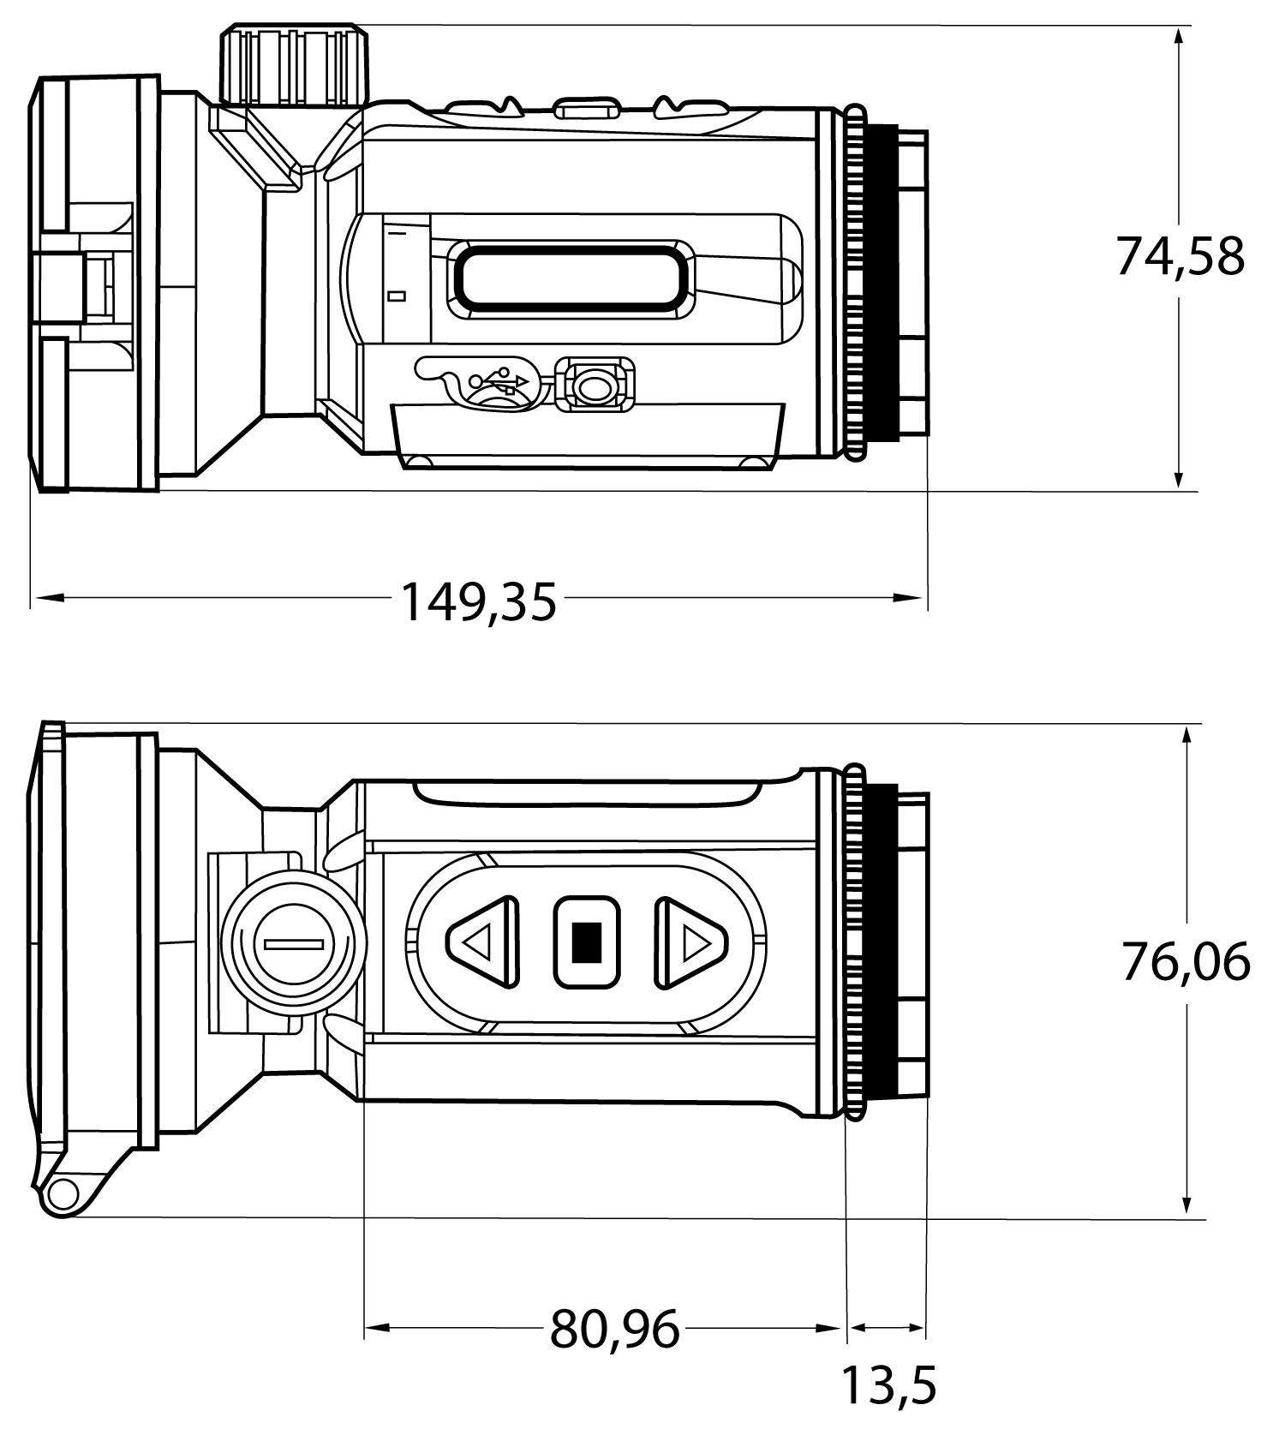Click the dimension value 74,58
tap(1180, 256)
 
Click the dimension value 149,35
tap(479, 601)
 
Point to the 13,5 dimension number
tap(889, 1385)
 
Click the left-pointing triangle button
tap(482, 943)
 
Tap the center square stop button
tap(587, 942)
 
